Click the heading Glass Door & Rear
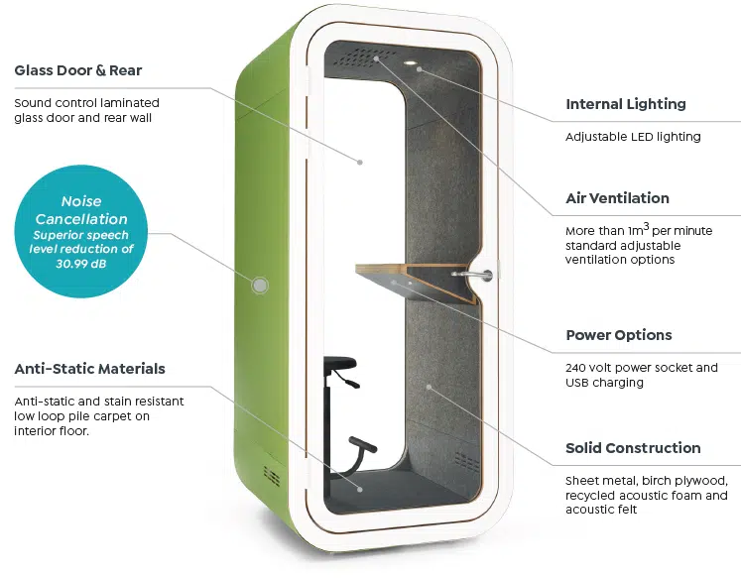pyautogui.click(x=78, y=70)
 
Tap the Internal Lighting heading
pyautogui.click(x=626, y=104)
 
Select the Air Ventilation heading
pyautogui.click(x=617, y=198)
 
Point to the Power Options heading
pyautogui.click(x=619, y=335)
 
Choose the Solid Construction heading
pyautogui.click(x=633, y=448)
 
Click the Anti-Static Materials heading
pyautogui.click(x=90, y=369)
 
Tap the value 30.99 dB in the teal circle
pyautogui.click(x=80, y=264)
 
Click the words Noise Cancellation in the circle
pyautogui.click(x=81, y=210)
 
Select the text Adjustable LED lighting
pyautogui.click(x=633, y=137)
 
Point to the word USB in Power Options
pyautogui.click(x=576, y=383)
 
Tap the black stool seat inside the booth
pyautogui.click(x=340, y=363)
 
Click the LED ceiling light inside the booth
pyautogui.click(x=410, y=62)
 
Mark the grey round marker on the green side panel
pyautogui.click(x=260, y=286)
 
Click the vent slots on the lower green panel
pyautogui.click(x=272, y=475)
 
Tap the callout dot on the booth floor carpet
pyautogui.click(x=360, y=490)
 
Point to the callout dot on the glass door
pyautogui.click(x=360, y=163)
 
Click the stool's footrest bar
pyautogui.click(x=362, y=444)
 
